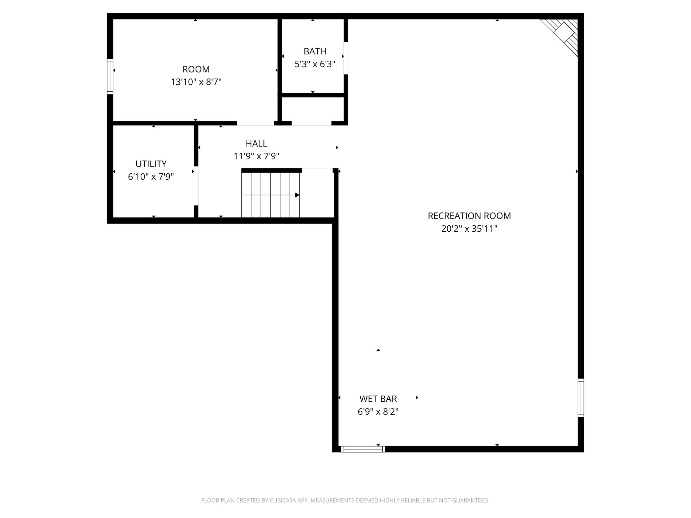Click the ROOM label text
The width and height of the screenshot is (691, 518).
tap(196, 69)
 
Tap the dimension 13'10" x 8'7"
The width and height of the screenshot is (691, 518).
tap(196, 82)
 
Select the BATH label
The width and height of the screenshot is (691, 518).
tap(315, 51)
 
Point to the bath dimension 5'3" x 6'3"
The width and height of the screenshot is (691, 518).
tap(315, 64)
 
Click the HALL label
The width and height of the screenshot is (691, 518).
tap(256, 143)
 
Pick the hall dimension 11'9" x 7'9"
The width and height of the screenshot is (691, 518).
tap(256, 156)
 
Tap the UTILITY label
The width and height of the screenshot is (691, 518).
tap(151, 164)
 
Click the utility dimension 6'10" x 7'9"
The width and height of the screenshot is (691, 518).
tap(151, 177)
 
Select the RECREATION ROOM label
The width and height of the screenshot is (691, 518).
tap(469, 216)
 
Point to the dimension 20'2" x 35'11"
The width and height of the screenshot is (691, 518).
tap(469, 229)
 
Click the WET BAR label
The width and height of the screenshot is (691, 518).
tap(378, 399)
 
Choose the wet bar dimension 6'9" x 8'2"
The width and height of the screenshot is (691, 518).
tap(378, 412)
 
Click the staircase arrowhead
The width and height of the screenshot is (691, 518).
tap(297, 195)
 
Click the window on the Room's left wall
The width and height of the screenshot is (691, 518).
tap(110, 76)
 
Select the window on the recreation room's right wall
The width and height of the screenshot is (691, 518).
tap(580, 398)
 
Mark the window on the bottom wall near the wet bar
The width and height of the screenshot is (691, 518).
tap(363, 449)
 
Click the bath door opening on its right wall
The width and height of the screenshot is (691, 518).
tap(346, 58)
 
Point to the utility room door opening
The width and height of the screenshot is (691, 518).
tap(196, 185)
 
